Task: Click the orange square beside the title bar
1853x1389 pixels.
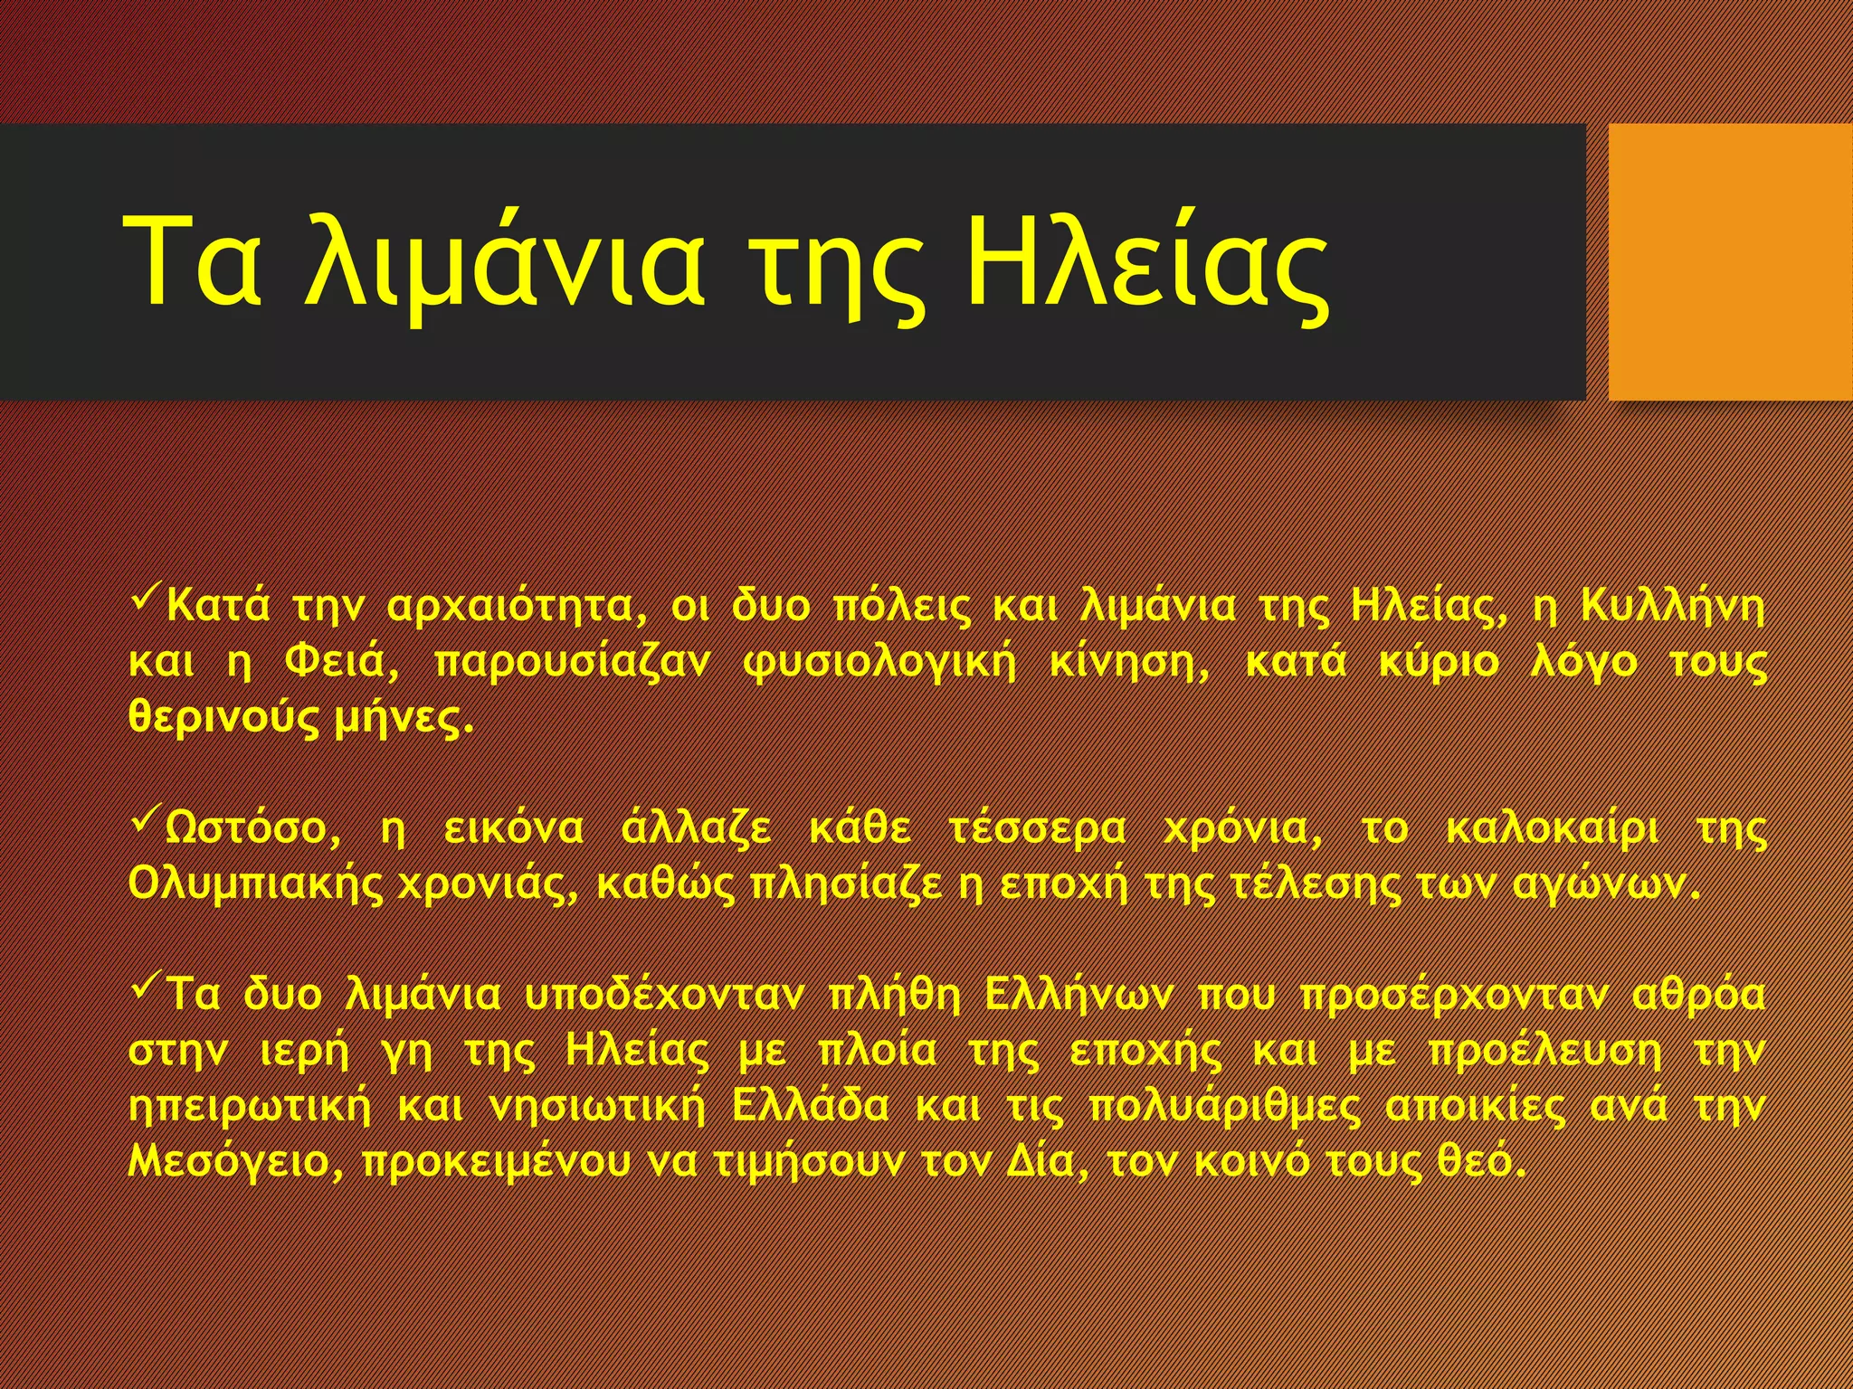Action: click(1730, 261)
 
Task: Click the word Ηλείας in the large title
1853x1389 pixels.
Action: click(1146, 261)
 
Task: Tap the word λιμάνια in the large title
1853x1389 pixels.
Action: click(504, 263)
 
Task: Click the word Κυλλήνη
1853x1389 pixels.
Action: click(1672, 607)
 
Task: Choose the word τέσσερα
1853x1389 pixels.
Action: click(1038, 829)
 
